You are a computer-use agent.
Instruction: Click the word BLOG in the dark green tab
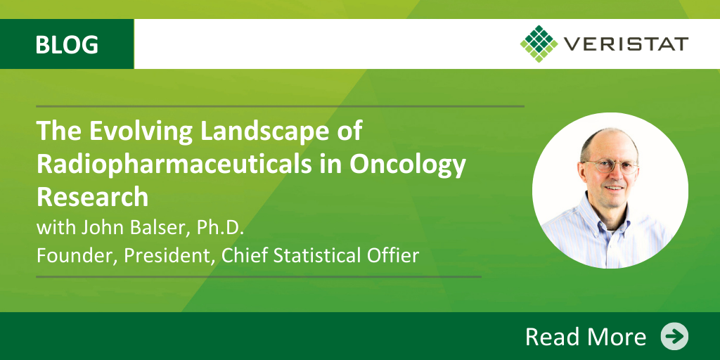[67, 44]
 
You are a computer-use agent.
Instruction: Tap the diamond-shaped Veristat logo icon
[539, 44]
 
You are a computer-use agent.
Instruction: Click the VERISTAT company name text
[626, 44]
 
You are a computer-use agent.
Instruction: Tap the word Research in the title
[92, 197]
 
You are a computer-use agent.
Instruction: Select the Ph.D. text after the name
[220, 228]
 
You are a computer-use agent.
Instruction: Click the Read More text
[586, 337]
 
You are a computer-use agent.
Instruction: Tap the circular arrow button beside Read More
[674, 336]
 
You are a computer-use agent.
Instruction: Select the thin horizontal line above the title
[280, 106]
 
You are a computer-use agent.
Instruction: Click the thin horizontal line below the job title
[259, 277]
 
